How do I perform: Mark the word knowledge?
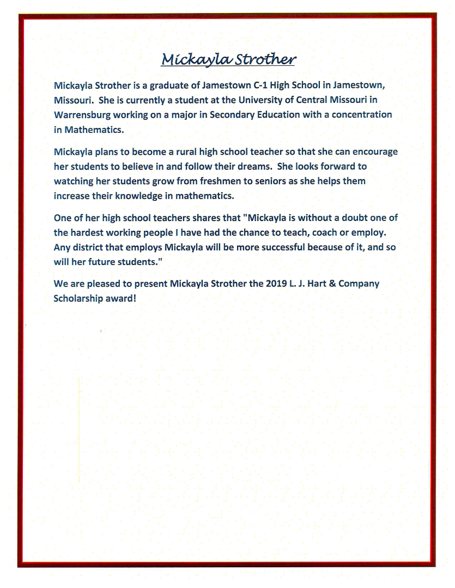point(140,195)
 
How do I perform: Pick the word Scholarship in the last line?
point(79,298)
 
